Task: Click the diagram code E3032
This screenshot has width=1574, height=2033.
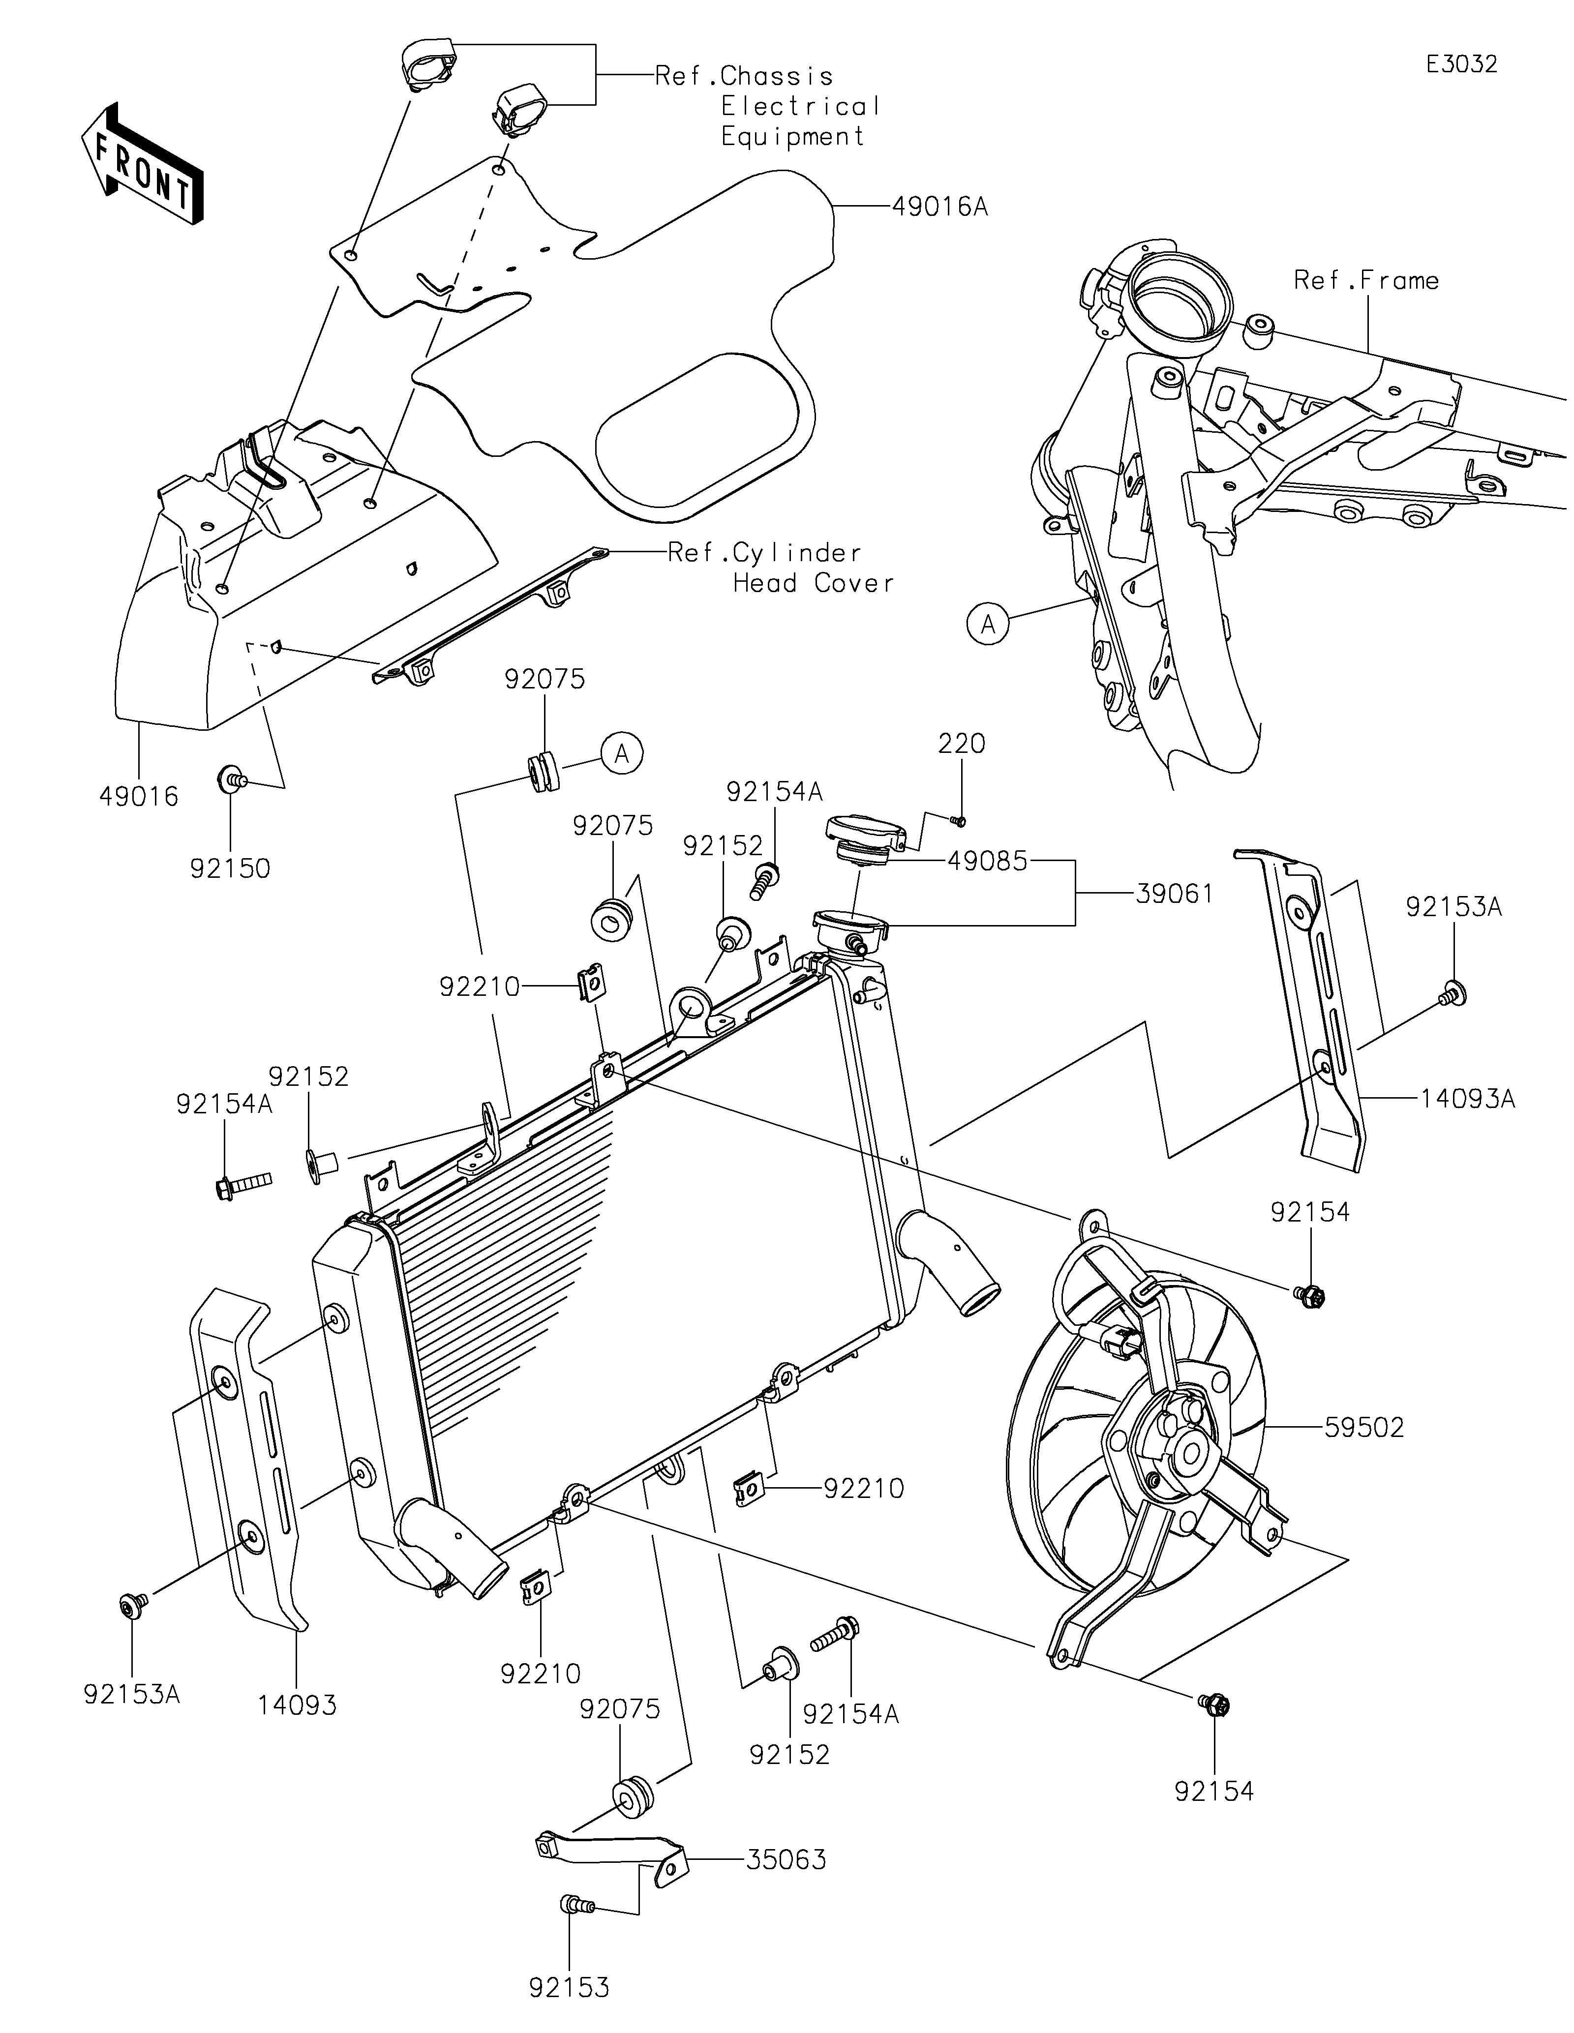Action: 1461,64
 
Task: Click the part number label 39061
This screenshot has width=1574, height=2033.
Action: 1175,894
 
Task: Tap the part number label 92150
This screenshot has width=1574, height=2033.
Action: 230,867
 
